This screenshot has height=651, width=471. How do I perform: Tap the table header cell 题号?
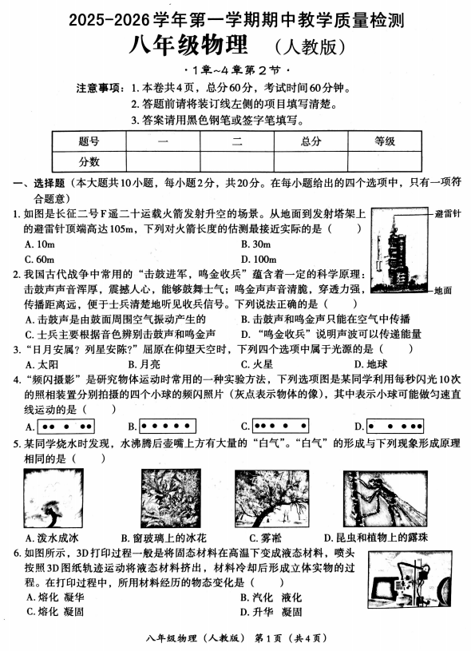[89, 141]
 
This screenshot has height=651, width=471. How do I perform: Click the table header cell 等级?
[385, 141]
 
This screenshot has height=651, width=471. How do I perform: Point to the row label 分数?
[89, 161]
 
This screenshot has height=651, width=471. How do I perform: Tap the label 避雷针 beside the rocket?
[447, 214]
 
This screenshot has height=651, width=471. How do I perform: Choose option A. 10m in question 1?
[40, 244]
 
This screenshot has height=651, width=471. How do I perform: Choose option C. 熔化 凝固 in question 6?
[55, 612]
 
